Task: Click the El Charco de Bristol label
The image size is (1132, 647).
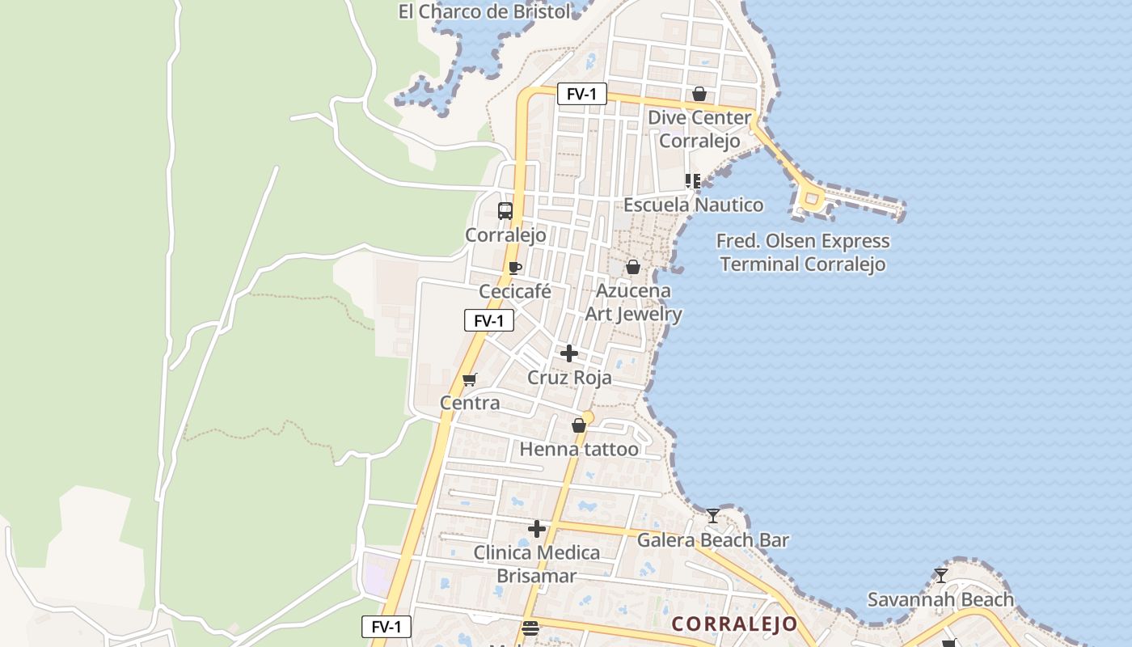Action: (484, 11)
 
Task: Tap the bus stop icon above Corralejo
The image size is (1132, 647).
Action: (505, 211)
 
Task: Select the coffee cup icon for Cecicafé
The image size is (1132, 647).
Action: (515, 268)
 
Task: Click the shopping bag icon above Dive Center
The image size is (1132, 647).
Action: (699, 95)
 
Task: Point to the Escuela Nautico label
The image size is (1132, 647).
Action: (693, 205)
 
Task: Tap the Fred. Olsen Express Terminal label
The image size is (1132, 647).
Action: (803, 252)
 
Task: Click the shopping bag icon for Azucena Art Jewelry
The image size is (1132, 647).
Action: (633, 267)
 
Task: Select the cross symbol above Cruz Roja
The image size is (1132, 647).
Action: (569, 353)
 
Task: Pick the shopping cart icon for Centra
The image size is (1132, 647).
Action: (470, 379)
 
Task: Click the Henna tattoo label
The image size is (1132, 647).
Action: (579, 449)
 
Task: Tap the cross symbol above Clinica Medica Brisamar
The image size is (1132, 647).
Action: (537, 529)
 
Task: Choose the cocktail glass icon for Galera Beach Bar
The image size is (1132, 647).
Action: (712, 515)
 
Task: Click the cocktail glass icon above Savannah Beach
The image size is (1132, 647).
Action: (940, 576)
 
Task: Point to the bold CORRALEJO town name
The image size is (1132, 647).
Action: (735, 624)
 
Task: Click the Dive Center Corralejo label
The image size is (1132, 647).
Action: (699, 129)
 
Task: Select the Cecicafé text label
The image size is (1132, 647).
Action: (515, 291)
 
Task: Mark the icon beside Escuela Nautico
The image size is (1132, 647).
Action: (692, 181)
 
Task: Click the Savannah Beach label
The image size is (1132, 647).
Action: (940, 599)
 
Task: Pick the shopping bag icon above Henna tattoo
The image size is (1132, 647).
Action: (579, 425)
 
